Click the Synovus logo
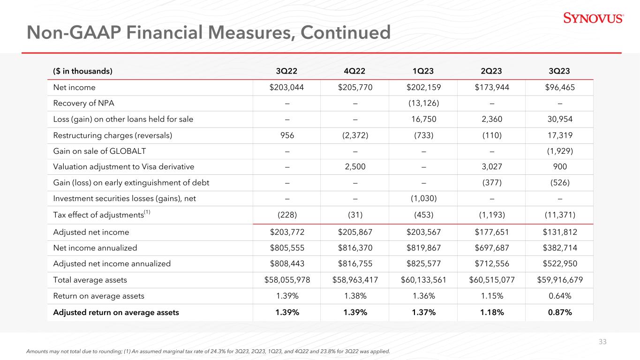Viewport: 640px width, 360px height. click(x=594, y=18)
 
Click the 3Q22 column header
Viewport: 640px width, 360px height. click(x=286, y=71)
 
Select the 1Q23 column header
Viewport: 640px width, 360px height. click(x=423, y=71)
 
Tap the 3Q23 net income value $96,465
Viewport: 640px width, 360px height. click(x=560, y=87)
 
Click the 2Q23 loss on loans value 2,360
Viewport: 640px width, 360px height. click(x=492, y=119)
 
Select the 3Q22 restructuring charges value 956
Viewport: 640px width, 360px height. click(x=287, y=135)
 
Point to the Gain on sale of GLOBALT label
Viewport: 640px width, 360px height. click(x=99, y=151)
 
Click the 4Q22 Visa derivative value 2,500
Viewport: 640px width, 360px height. click(x=355, y=166)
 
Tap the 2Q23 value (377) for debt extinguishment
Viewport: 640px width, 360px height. click(x=492, y=182)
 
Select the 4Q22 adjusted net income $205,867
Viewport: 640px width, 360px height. click(x=355, y=232)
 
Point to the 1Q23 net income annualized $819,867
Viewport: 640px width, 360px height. click(x=423, y=247)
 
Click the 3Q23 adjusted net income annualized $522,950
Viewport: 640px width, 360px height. click(x=560, y=263)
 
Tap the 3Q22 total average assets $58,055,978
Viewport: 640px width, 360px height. click(x=287, y=280)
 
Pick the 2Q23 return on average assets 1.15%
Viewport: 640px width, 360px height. click(x=492, y=296)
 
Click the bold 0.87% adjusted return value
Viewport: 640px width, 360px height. click(x=560, y=312)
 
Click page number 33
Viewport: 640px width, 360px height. click(x=602, y=342)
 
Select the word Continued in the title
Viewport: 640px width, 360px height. click(x=346, y=32)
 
